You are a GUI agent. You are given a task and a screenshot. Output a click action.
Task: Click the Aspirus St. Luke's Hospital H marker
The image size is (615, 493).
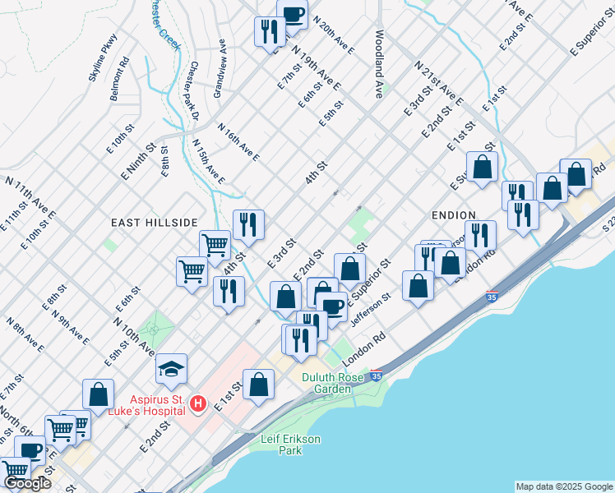tap(197, 403)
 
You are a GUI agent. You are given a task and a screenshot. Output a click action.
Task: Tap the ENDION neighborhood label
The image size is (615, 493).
tap(450, 214)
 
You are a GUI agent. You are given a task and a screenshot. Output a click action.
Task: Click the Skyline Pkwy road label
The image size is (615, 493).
tap(104, 57)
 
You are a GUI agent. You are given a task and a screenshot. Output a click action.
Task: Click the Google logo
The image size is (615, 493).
tap(27, 484)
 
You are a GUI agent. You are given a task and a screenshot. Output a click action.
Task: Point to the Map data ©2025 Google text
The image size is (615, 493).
tap(563, 486)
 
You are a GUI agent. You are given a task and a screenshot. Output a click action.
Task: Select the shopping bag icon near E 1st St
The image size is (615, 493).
tap(258, 384)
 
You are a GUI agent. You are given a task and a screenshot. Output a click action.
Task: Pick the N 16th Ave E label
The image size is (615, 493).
tap(238, 141)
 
